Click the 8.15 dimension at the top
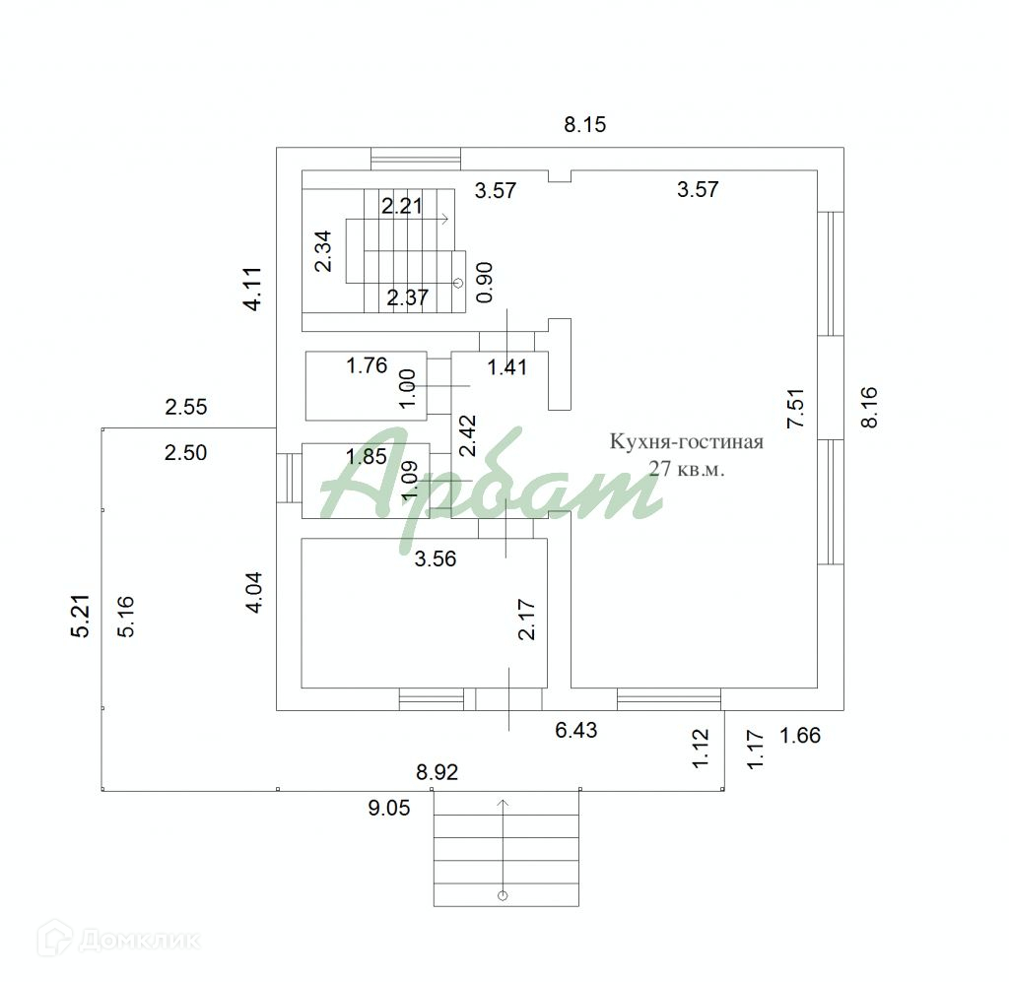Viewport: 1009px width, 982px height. click(585, 124)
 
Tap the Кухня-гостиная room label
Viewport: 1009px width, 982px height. click(687, 442)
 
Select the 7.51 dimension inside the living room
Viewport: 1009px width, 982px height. click(795, 409)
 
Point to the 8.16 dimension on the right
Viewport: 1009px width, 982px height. click(869, 407)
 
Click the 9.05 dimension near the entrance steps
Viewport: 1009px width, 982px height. click(388, 808)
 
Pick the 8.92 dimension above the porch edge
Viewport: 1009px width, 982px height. click(437, 771)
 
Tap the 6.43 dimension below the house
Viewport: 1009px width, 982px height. click(575, 730)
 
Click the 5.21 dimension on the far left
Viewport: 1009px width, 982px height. click(81, 616)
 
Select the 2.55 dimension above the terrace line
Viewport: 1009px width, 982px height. click(186, 407)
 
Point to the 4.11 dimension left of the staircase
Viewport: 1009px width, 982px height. click(253, 290)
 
